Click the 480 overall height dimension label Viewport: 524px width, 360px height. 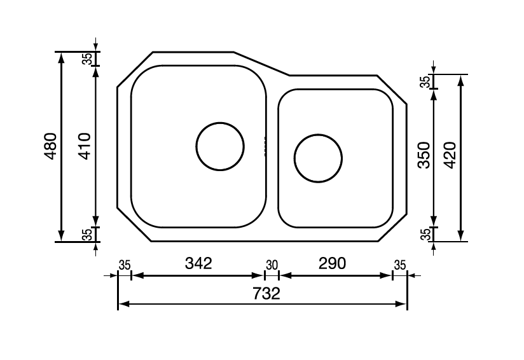pos(51,146)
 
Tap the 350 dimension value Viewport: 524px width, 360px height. pos(424,155)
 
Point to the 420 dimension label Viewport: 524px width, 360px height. pos(449,155)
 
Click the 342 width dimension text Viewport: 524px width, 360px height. pos(198,263)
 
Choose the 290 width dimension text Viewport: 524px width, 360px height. pos(333,263)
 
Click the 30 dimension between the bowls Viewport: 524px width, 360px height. pos(272,265)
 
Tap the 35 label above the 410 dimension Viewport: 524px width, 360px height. pos(87,59)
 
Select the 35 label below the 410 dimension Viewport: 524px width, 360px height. pos(87,234)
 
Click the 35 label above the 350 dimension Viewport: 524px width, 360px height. pos(425,82)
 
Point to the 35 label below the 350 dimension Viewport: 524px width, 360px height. pos(425,234)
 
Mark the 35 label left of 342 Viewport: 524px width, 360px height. pos(125,265)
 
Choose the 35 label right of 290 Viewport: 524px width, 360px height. pos(399,265)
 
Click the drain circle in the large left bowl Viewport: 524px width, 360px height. pos(220,146)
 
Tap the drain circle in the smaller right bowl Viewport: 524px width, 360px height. pos(318,158)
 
